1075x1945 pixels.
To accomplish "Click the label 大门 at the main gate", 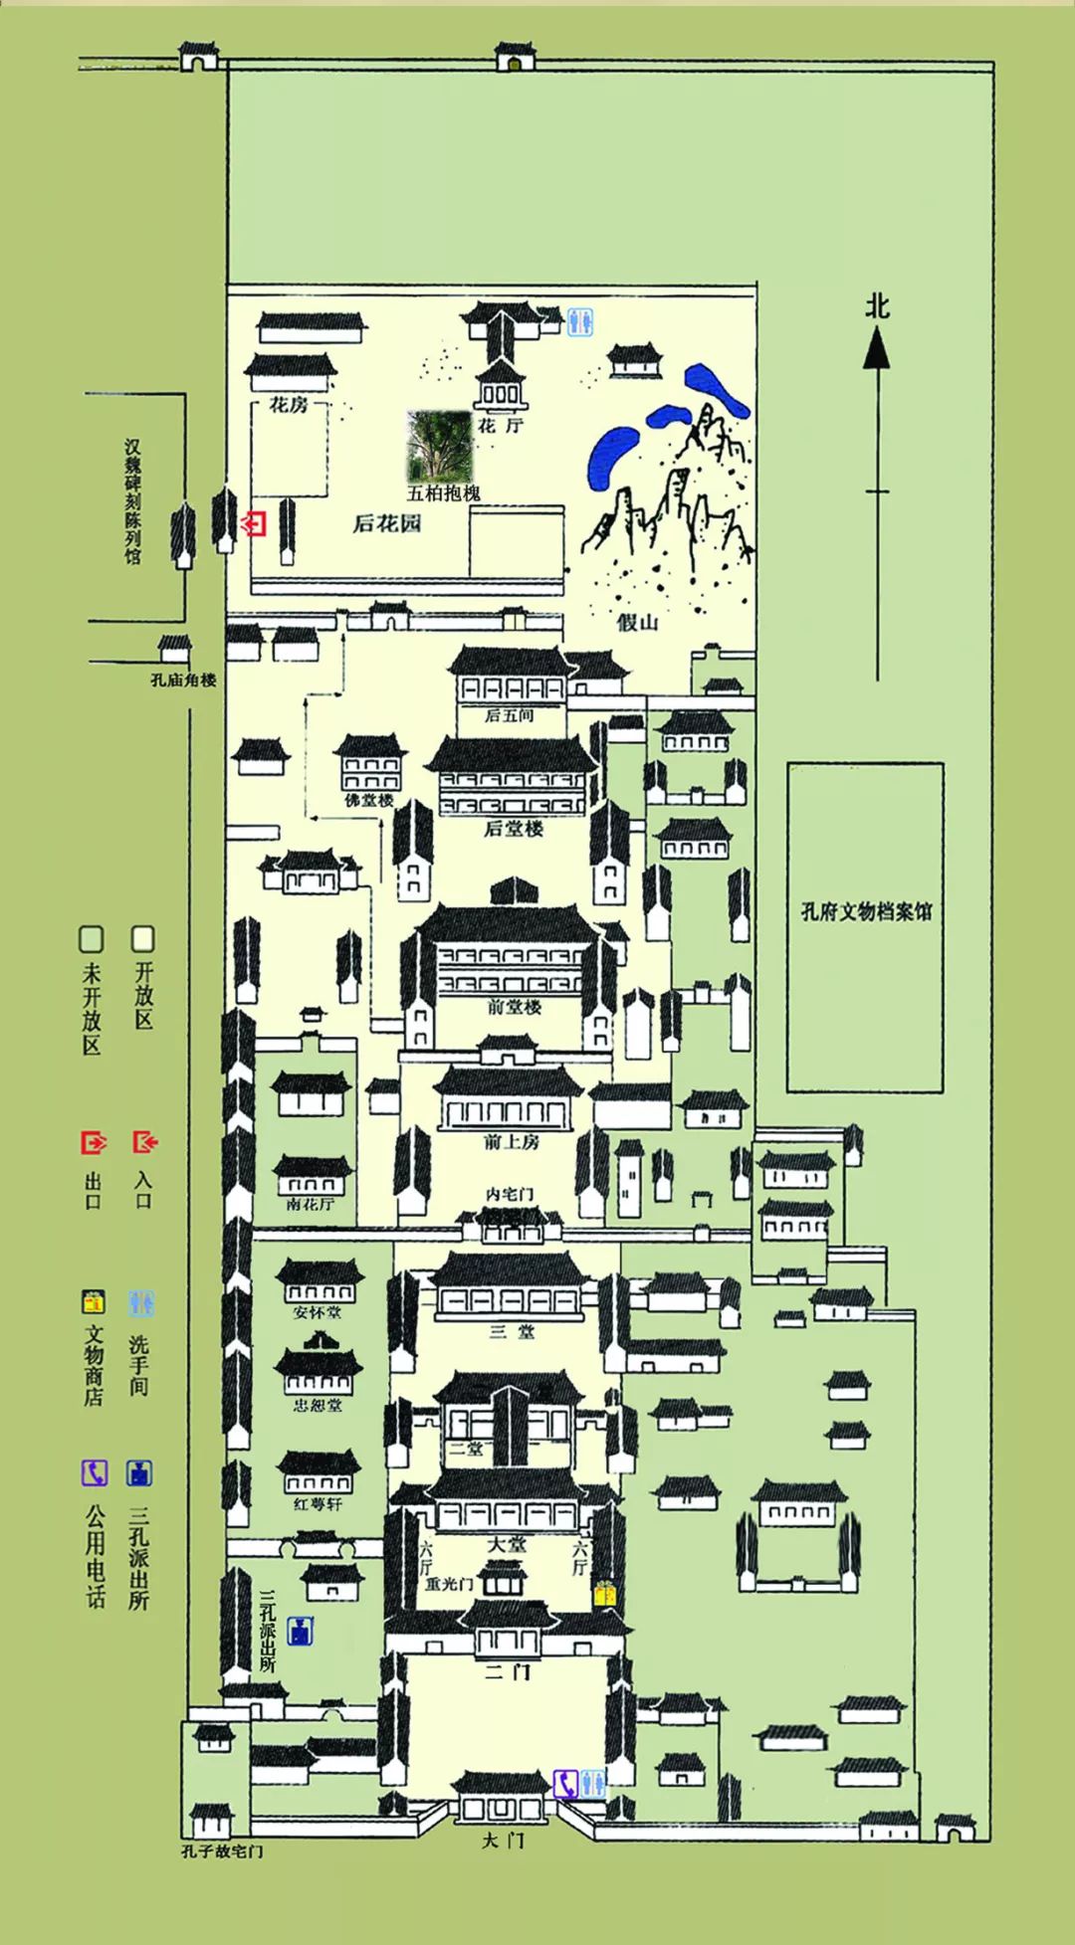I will click(x=503, y=1841).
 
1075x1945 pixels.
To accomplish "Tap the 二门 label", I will click(x=508, y=1672).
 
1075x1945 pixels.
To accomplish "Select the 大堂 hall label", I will click(x=507, y=1544).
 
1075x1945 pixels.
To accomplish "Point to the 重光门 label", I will click(x=449, y=1583).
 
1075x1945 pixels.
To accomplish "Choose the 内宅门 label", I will click(x=510, y=1194).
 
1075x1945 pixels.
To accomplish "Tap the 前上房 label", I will click(x=512, y=1142).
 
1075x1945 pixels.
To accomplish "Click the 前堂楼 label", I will click(x=515, y=1007).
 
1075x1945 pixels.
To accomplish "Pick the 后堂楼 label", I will click(x=514, y=829).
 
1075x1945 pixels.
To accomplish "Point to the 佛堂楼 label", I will click(x=369, y=800).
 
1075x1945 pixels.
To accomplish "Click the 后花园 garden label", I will click(x=387, y=523).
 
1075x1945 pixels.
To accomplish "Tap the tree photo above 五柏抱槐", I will click(x=439, y=447).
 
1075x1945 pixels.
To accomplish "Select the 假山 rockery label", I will click(x=638, y=623).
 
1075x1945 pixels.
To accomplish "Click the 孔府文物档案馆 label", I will click(x=866, y=911).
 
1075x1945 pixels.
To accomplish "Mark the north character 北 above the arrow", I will click(x=877, y=305).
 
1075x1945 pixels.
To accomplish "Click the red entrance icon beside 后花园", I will click(x=256, y=522).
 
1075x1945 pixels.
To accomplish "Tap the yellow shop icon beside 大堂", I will click(x=605, y=1593).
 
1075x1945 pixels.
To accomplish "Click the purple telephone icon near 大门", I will click(x=565, y=1784).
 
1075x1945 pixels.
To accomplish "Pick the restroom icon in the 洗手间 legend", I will click(x=141, y=1302).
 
